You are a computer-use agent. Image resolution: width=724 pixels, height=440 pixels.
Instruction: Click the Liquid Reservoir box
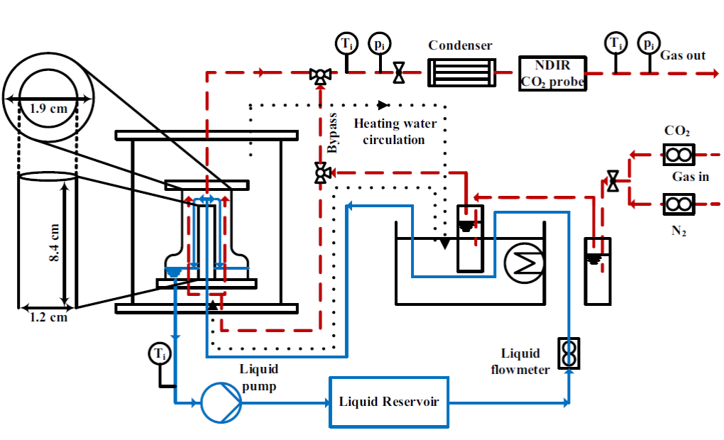389,402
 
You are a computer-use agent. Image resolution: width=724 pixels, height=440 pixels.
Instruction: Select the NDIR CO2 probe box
553,74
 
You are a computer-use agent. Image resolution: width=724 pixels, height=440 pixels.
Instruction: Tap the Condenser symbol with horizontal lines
459,72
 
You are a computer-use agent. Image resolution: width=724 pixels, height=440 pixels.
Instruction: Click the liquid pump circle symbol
221,403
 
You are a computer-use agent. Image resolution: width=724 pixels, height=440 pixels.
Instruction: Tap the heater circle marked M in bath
522,264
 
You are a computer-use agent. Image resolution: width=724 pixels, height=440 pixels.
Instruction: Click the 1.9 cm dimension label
48,110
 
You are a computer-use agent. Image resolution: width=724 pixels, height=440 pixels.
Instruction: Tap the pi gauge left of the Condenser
380,45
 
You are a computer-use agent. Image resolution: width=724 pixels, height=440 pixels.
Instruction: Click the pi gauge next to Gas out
647,43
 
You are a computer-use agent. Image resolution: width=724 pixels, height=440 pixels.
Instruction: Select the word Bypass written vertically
334,133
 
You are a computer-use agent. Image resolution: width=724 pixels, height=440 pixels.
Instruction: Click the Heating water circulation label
393,131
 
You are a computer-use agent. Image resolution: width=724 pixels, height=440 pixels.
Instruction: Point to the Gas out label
683,55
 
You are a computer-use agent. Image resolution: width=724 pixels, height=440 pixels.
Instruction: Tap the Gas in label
690,177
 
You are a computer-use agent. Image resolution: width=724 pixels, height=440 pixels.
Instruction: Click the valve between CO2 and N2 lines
612,181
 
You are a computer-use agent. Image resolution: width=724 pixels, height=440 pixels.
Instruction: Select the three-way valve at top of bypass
319,75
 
